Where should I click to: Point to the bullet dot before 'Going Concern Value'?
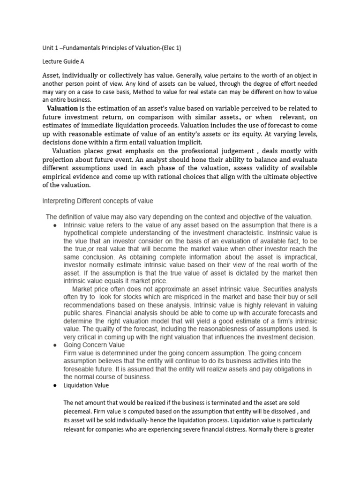click(x=55, y=345)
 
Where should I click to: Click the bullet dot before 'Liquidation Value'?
click(x=55, y=385)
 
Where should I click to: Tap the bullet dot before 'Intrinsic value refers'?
click(x=55, y=225)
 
